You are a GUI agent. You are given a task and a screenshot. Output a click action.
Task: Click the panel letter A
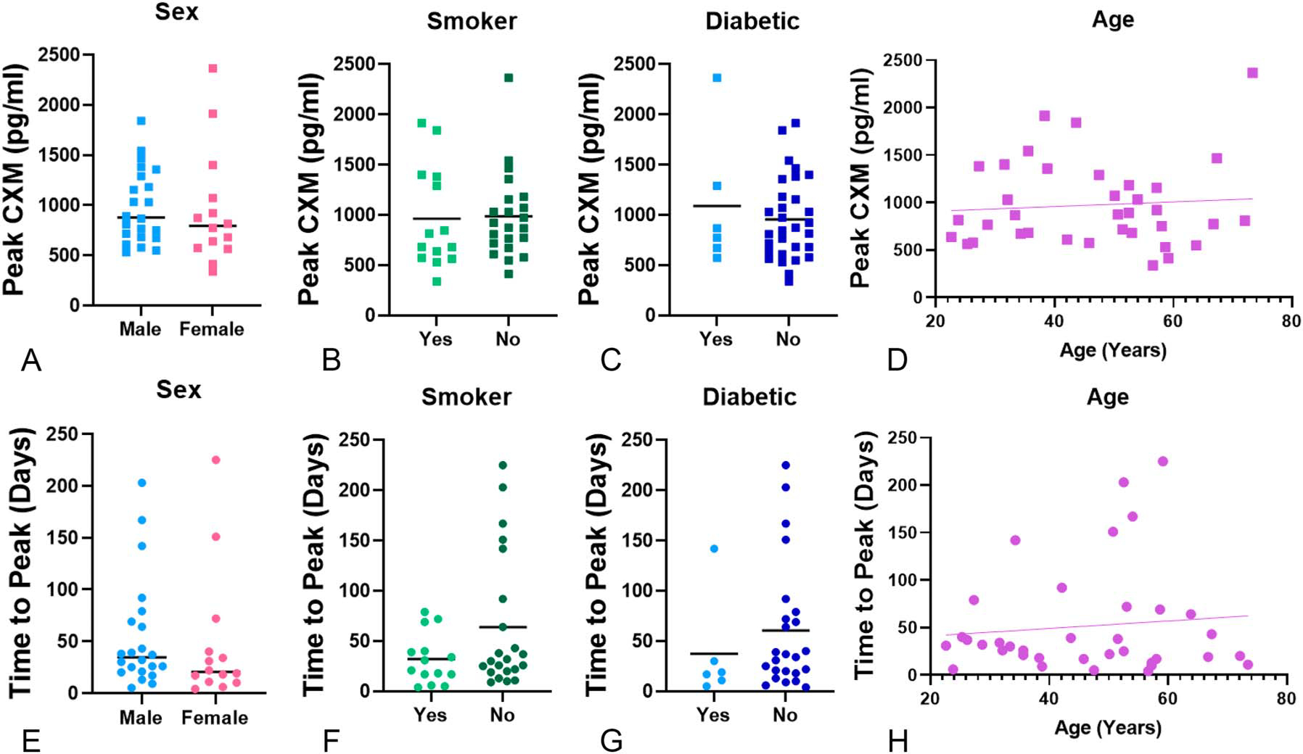30,360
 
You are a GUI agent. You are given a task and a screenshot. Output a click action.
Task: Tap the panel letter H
897,740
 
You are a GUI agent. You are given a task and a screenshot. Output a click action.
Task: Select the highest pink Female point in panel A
213,68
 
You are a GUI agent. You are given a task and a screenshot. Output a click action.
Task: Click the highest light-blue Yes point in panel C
717,78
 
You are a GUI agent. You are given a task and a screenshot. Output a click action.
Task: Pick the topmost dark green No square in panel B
509,78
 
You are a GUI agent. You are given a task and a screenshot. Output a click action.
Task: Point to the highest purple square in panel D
1252,72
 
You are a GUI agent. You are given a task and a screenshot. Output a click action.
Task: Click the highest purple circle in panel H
1162,461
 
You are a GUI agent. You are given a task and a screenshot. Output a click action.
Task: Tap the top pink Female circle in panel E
215,460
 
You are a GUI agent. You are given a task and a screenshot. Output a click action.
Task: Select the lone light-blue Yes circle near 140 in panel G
714,549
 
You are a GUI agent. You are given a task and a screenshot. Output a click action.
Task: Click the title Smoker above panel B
472,21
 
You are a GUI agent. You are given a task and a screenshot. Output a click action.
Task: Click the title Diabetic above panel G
749,397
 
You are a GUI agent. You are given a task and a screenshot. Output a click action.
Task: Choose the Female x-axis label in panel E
215,718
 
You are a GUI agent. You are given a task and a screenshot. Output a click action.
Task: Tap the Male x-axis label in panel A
140,329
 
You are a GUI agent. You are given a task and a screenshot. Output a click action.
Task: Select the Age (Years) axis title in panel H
1108,727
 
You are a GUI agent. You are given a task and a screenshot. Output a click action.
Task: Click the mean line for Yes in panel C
717,206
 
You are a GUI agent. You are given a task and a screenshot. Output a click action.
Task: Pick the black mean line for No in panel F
503,626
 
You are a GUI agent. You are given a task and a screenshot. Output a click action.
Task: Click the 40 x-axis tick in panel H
1048,698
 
